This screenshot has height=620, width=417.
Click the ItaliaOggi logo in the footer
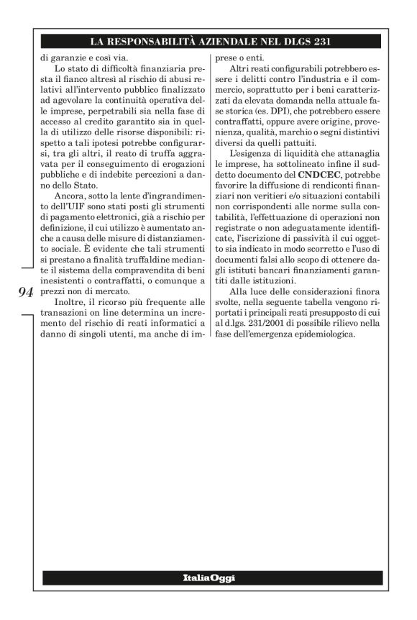click(208, 578)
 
